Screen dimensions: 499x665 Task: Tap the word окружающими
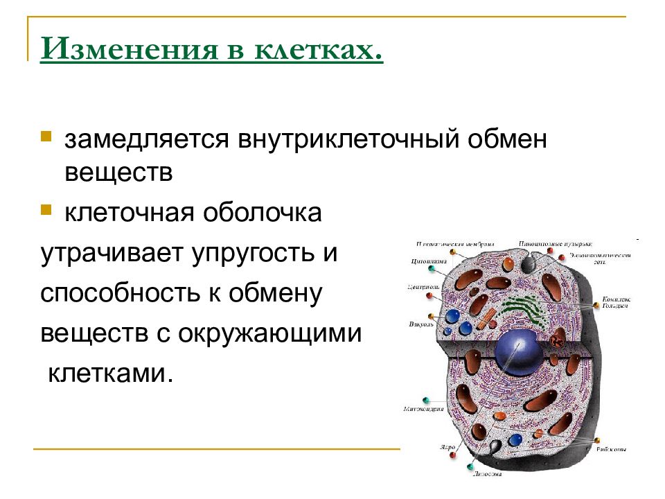tap(271, 333)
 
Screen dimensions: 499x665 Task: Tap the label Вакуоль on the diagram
tap(421, 323)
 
